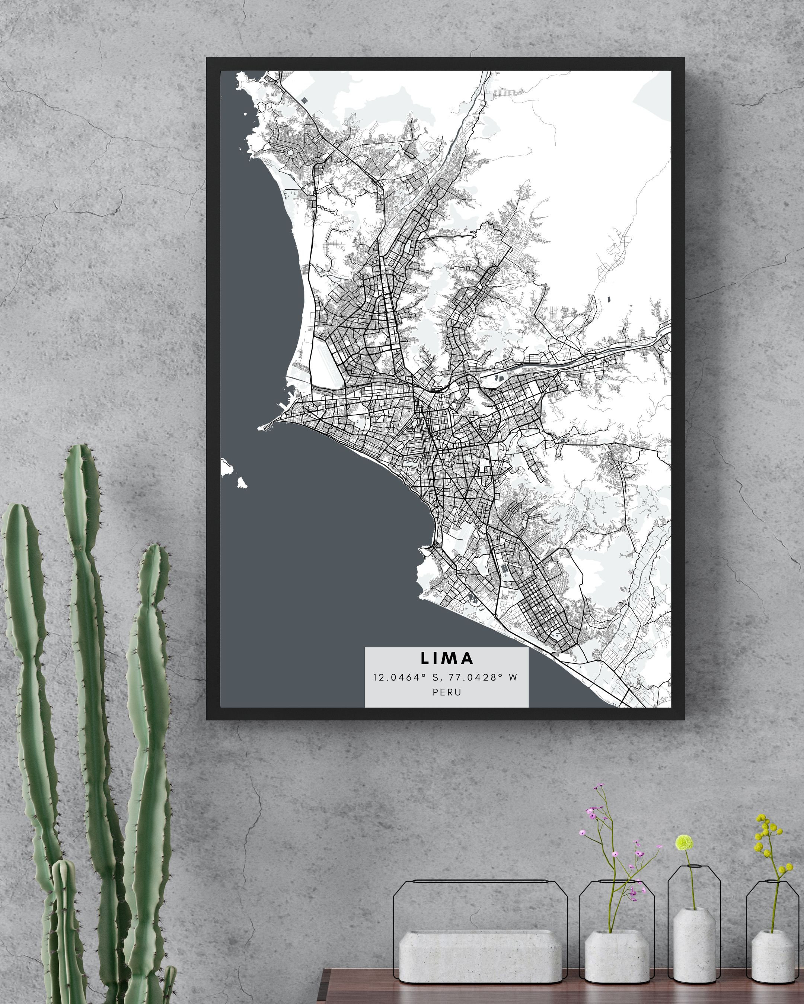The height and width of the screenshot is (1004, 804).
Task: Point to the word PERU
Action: pyautogui.click(x=447, y=692)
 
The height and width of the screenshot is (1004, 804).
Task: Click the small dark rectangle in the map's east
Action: pyautogui.click(x=609, y=299)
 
